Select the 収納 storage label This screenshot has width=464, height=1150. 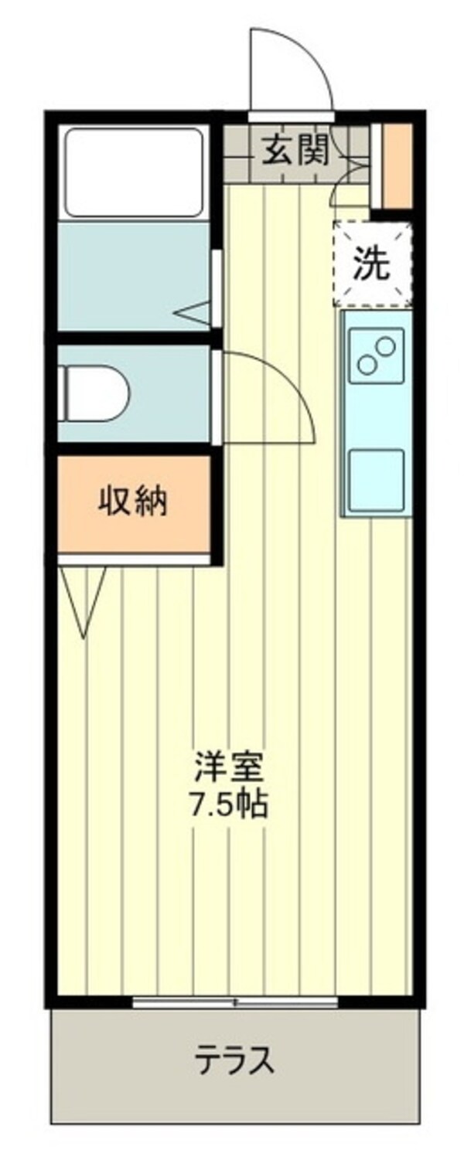point(133,503)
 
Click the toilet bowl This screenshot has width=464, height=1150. point(97,393)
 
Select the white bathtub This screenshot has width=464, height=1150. point(134,172)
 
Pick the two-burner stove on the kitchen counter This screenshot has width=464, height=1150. point(376,356)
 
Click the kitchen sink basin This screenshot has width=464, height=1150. point(376,478)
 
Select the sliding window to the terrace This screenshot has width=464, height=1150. point(235,1003)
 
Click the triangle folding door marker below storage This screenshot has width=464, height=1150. point(82,595)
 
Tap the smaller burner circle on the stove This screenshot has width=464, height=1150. point(364,363)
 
